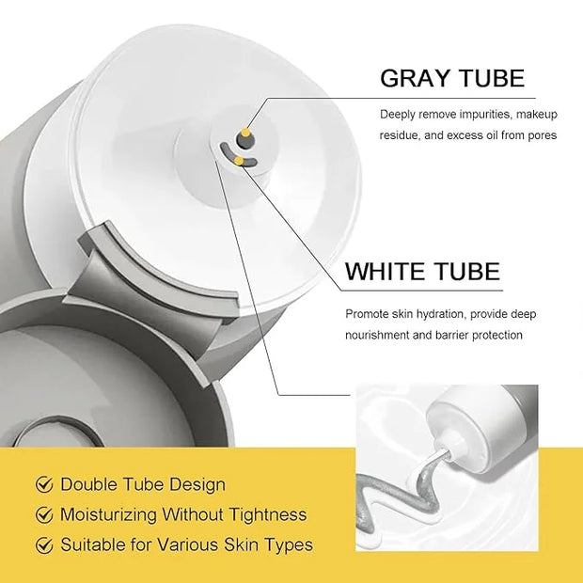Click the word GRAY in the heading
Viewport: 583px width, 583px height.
tap(415, 78)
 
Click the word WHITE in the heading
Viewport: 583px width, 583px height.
tap(385, 271)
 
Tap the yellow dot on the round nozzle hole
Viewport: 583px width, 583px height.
tap(244, 133)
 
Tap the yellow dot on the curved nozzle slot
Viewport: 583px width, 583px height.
tap(239, 161)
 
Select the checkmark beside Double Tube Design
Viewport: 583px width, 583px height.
tap(44, 484)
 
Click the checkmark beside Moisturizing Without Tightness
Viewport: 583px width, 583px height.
tap(44, 514)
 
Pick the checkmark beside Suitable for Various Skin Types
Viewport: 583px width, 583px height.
tap(44, 545)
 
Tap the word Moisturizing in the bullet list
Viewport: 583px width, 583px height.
tap(108, 515)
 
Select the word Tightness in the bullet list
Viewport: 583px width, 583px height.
tap(268, 515)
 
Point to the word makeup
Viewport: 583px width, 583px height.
tap(537, 115)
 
